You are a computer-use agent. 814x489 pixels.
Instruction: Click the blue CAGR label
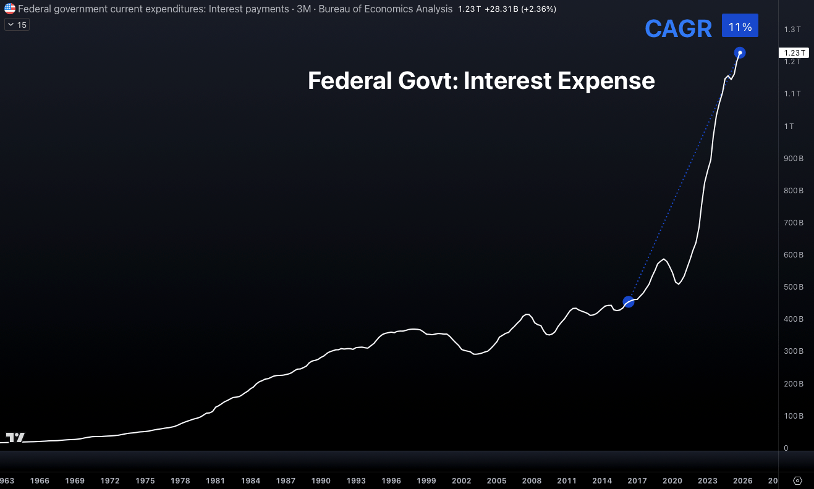tap(678, 29)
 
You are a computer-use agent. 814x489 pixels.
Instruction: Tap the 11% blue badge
tap(740, 27)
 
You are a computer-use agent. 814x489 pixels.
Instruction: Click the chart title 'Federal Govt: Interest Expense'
tap(481, 81)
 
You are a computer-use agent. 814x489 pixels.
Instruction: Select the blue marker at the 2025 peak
tap(739, 52)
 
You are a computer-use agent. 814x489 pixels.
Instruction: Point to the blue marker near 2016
tap(629, 301)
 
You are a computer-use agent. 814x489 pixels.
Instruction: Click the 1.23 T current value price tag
tap(794, 52)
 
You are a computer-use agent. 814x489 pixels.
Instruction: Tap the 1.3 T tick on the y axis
tap(792, 30)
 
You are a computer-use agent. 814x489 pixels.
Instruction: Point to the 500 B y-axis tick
tap(793, 287)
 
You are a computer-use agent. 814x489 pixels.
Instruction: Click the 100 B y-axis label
tap(793, 416)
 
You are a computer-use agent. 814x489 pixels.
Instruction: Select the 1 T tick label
tap(789, 126)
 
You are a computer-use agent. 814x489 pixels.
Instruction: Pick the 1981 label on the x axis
tap(216, 480)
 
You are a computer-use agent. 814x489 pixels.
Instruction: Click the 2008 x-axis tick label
tap(532, 480)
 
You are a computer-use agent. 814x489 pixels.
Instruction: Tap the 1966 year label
tap(40, 480)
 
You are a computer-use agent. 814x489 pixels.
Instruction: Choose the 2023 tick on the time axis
tap(708, 480)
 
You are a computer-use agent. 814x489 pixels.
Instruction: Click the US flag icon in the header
tap(10, 9)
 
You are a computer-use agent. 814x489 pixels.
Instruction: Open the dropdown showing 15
tap(17, 25)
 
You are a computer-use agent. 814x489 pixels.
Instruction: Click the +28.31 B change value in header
tap(502, 9)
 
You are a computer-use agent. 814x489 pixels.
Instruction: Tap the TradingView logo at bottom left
tap(15, 438)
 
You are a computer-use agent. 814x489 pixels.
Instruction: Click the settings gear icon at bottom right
tap(797, 480)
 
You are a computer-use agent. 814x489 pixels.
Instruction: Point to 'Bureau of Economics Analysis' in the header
tap(385, 9)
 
